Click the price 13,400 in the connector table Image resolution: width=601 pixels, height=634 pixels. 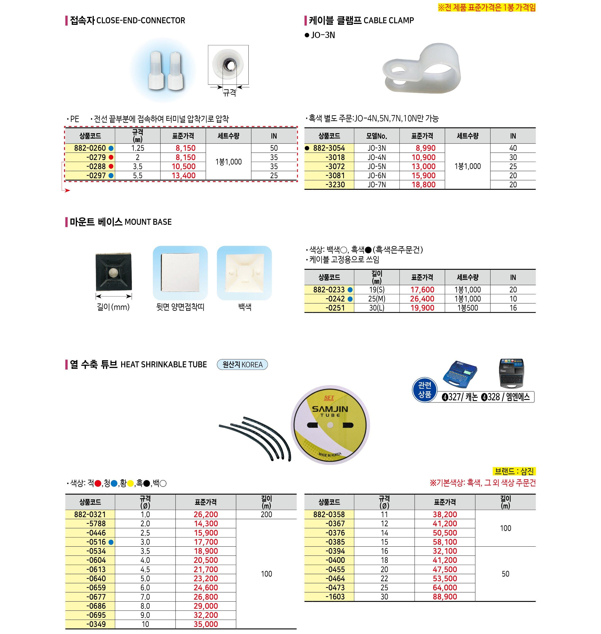tap(183, 176)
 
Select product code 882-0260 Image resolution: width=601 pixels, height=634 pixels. tap(90, 148)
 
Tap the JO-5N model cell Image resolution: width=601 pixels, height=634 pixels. tap(377, 166)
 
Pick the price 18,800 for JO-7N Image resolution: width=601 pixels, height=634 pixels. tap(423, 185)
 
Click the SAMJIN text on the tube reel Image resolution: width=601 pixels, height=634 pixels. tap(330, 409)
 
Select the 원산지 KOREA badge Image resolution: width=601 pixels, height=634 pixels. tap(242, 365)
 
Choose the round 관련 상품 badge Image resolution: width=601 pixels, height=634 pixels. tap(424, 390)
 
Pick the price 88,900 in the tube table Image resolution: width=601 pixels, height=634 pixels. tap(445, 597)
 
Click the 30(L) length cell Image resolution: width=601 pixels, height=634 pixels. tap(377, 308)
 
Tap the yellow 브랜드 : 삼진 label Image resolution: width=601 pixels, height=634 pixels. tap(514, 471)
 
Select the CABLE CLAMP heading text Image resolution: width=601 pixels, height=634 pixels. tap(389, 21)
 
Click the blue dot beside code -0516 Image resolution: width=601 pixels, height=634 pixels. tap(111, 542)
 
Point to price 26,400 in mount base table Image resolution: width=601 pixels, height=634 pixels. tap(422, 299)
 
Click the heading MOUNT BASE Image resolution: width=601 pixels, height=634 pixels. tap(148, 222)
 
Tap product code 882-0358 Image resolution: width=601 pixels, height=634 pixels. tap(329, 515)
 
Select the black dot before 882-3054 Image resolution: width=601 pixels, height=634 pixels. tap(307, 148)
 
